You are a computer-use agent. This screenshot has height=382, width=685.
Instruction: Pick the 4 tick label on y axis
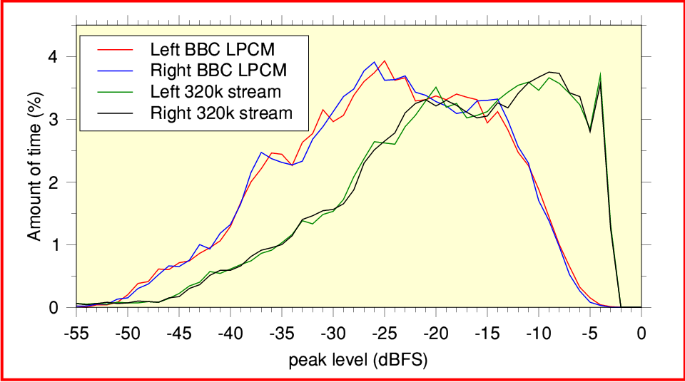coord(62,57)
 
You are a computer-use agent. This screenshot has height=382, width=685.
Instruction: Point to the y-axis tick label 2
coord(62,182)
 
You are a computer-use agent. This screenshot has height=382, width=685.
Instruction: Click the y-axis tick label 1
coord(62,245)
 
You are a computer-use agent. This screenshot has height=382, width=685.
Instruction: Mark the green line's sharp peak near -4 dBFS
coord(600,74)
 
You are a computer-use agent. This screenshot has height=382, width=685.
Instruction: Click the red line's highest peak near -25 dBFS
coord(385,61)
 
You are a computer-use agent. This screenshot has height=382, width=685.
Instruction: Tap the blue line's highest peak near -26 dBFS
coord(375,62)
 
